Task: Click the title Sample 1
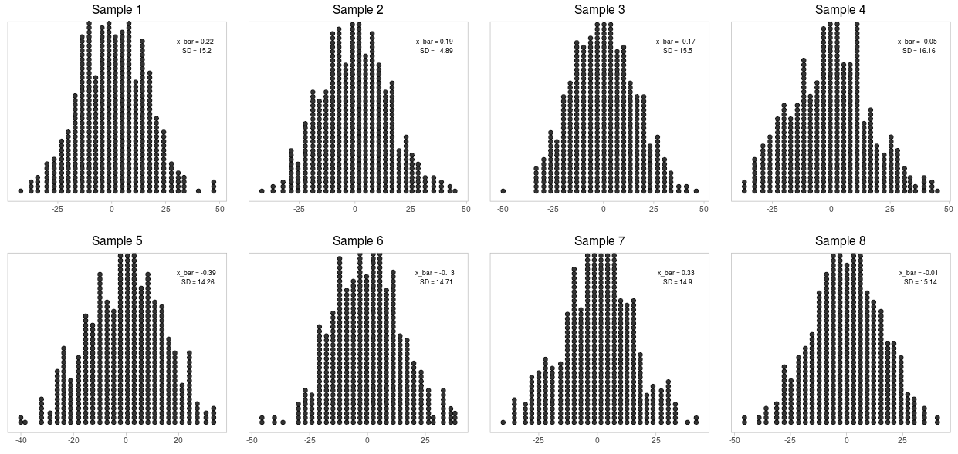coord(117,10)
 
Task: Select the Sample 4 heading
coord(840,10)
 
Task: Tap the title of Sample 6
coord(357,241)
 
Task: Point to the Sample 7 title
coord(599,241)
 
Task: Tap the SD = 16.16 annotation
coord(919,51)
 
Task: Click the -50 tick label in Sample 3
coord(503,209)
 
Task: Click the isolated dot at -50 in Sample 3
coord(503,191)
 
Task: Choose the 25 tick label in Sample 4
coord(889,209)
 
